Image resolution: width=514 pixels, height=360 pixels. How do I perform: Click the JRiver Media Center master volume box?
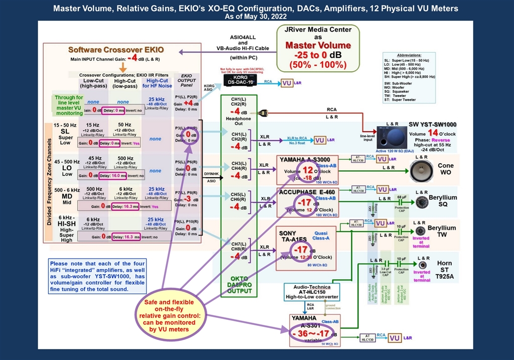[x=318, y=47]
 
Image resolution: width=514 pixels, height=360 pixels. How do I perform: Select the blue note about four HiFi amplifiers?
[x=97, y=276]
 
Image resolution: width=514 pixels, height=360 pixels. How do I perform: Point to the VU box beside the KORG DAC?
[x=287, y=83]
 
